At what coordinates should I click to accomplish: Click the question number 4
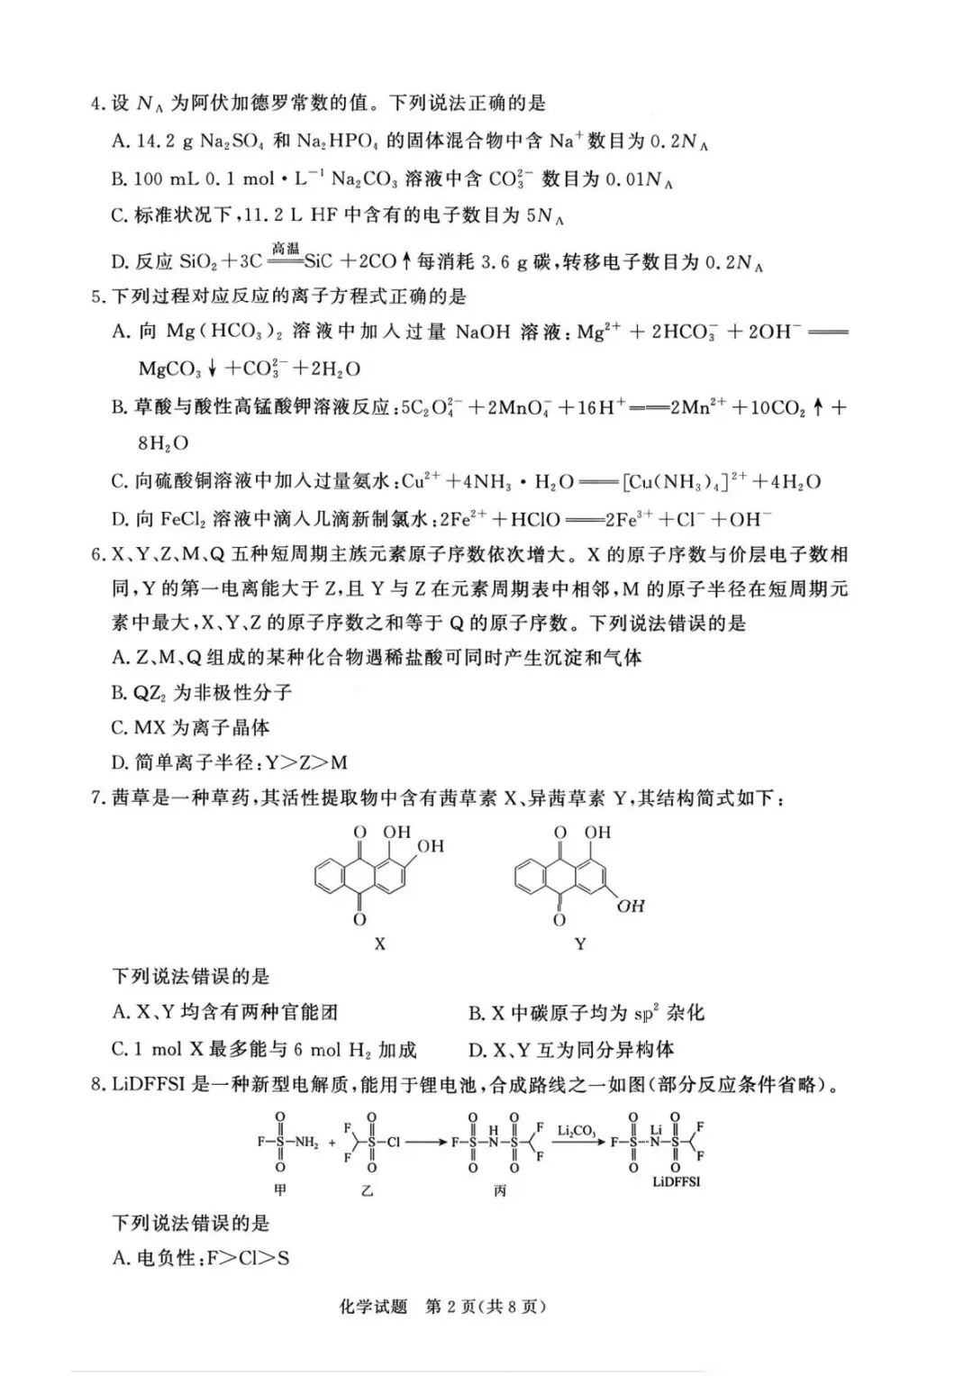(96, 105)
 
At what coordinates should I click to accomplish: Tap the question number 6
(96, 554)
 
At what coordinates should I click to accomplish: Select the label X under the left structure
(379, 944)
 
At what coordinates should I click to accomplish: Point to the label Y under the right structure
(580, 944)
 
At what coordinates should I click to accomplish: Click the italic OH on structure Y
(631, 906)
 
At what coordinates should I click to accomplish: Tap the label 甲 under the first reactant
(280, 1190)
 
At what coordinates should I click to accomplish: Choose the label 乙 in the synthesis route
(367, 1190)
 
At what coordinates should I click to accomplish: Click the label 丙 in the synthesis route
(500, 1190)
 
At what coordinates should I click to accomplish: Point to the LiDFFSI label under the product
(676, 1181)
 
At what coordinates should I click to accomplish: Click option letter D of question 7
(477, 1050)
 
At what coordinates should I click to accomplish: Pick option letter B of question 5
(119, 407)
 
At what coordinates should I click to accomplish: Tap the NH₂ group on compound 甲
(306, 1142)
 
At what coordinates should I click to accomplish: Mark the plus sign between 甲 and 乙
(332, 1143)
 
